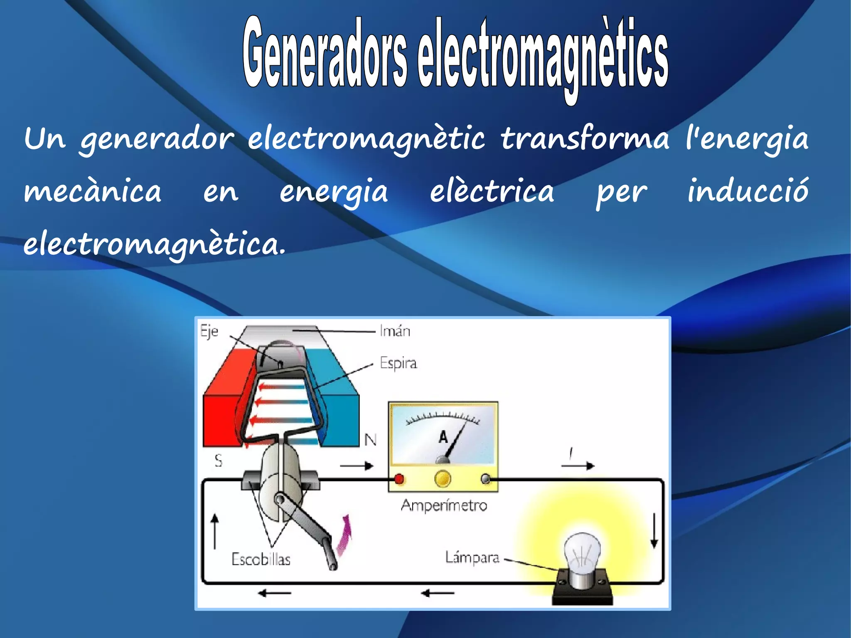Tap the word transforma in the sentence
[x=585, y=138]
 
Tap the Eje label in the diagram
[x=209, y=331]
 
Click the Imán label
[x=395, y=331]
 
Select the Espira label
[x=398, y=363]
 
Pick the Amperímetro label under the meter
[x=443, y=505]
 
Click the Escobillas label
[x=261, y=559]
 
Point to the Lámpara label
[x=472, y=557]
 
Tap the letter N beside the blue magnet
[x=371, y=440]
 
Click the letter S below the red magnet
[x=219, y=461]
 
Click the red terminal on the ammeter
[x=399, y=479]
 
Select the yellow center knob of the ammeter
[x=443, y=479]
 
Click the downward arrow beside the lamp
[x=654, y=531]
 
